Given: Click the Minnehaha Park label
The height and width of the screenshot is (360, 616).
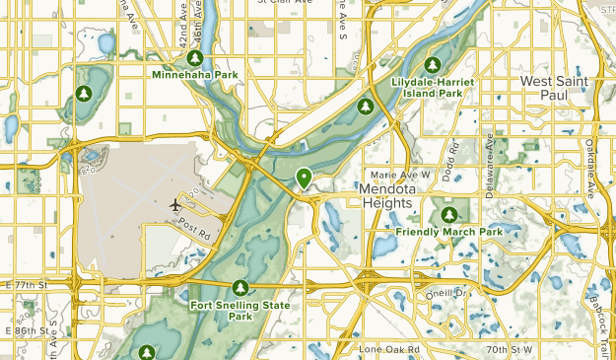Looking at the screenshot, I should click(x=194, y=73).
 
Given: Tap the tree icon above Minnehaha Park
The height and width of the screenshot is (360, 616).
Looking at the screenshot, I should click(x=194, y=57).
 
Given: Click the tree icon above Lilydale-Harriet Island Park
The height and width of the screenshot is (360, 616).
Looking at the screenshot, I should click(x=430, y=64).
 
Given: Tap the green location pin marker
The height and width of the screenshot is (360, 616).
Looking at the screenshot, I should click(x=304, y=178).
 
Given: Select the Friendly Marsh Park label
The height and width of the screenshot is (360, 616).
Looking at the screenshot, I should click(x=449, y=232).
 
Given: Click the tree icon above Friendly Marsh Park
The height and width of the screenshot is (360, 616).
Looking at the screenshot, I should click(x=449, y=214).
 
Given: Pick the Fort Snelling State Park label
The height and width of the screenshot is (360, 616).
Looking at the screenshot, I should click(x=240, y=311).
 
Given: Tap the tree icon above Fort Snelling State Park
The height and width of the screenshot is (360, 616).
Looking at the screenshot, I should click(x=240, y=288).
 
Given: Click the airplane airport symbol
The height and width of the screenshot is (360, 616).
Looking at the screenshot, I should click(x=175, y=205).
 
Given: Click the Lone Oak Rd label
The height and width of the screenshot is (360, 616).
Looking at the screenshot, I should click(x=387, y=349).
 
